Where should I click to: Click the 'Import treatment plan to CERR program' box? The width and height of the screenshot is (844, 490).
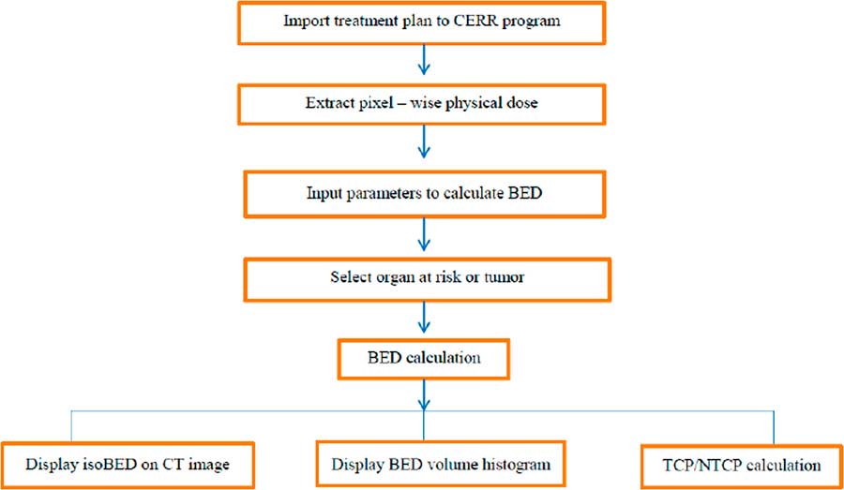pos(421,22)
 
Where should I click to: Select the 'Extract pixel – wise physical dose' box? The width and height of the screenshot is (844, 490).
pos(421,103)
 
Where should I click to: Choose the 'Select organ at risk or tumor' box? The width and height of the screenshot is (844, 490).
pos(421,278)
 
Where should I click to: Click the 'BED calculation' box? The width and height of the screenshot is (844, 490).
pos(421,357)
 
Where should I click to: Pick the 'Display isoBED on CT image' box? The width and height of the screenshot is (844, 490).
pos(127,463)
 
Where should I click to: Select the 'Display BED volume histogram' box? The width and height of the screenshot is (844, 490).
pos(440,463)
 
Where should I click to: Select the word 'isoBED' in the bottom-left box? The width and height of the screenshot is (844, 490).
pos(101,464)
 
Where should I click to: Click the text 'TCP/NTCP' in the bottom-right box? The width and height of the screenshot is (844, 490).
pos(708,464)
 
